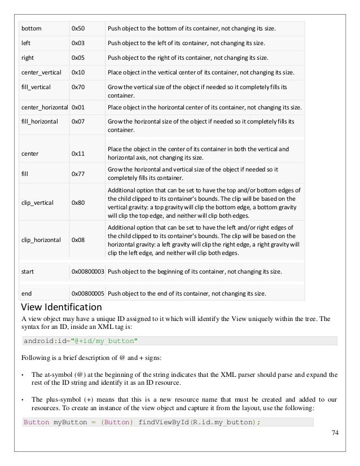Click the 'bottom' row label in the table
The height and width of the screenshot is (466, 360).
pos(31,28)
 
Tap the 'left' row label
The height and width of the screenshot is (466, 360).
pos(26,43)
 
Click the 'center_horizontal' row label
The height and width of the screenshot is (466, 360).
pos(44,107)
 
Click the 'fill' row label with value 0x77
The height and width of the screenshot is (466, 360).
pos(25,174)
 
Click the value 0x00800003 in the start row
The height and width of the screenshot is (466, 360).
pos(87,272)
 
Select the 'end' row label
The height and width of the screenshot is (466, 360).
pos(26,293)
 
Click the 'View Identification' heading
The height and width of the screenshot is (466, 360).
pos(61,307)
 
